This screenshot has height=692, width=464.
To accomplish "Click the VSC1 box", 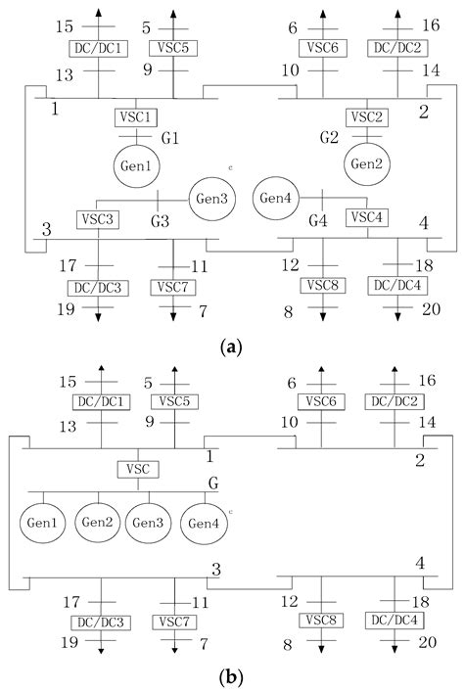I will pos(135,116).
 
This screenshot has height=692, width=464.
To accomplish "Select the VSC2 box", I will pos(364,116).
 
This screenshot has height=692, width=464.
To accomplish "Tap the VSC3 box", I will pos(98,218).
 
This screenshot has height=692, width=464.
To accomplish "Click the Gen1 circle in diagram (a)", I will pos(135,166).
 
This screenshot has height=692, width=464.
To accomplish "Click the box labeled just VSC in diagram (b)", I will pos(137,469).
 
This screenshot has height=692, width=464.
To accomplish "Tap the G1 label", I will pos(170,139).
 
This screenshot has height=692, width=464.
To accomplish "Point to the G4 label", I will pos(315,222).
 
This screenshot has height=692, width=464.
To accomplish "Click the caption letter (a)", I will pos(232,346).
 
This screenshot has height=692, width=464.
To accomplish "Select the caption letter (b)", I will pos(232,676).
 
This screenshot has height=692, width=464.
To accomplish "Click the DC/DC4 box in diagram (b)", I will pos(394,621).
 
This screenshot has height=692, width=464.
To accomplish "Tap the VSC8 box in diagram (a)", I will pos(322,286).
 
